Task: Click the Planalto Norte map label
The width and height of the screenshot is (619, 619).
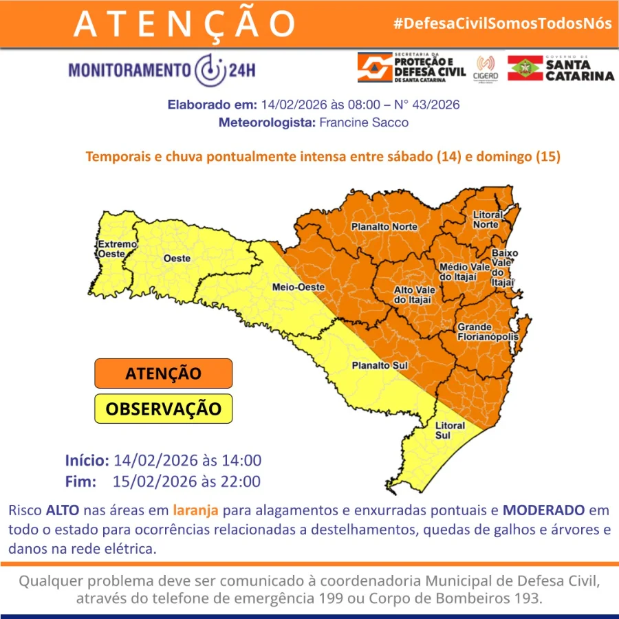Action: (384, 226)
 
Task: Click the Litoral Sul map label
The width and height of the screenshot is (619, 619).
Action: (452, 431)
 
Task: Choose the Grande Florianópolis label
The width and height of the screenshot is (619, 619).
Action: (484, 332)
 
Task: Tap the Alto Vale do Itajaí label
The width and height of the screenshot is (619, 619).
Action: (413, 295)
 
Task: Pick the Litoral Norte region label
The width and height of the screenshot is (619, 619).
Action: (487, 220)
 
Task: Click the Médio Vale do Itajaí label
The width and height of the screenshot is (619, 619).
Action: (464, 272)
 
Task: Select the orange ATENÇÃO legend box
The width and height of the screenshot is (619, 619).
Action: (163, 373)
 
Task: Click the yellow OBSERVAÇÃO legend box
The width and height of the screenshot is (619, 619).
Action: (163, 409)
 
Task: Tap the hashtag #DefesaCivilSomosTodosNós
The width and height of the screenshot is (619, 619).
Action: (502, 23)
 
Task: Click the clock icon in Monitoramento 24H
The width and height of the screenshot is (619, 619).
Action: (210, 70)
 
